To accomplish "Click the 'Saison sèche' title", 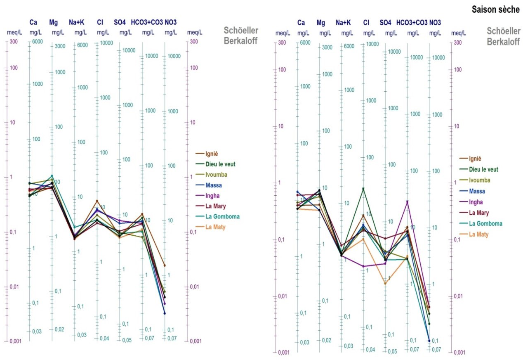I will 495,10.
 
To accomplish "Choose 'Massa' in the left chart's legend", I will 214,185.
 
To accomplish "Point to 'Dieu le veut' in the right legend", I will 483,169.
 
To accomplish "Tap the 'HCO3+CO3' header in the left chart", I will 146,22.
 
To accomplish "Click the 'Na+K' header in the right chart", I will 343,23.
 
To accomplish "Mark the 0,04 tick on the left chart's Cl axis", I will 104,339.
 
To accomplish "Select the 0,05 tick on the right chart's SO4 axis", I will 391,351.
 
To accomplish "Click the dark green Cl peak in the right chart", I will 363,189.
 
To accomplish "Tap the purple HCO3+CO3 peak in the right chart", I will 408,201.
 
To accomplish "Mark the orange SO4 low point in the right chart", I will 385,284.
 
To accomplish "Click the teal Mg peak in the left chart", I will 52,175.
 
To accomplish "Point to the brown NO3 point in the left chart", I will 165,265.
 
